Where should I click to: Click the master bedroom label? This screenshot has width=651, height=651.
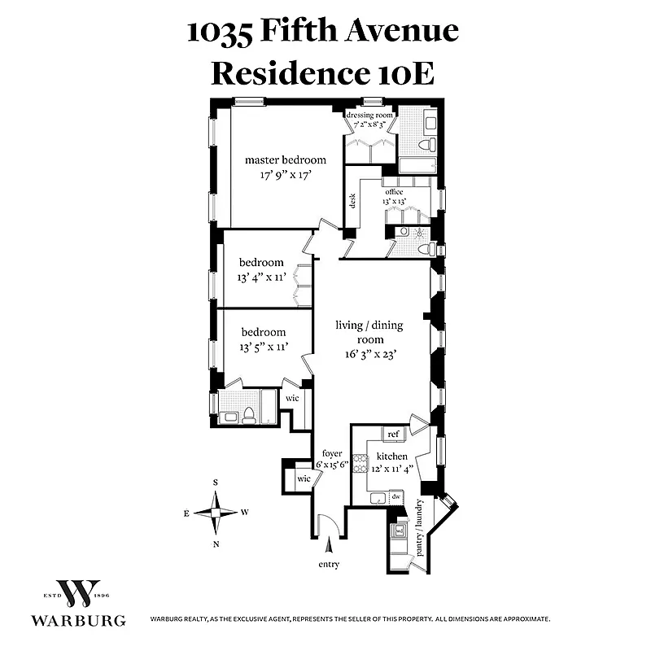click(286, 160)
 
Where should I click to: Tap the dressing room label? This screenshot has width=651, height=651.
click(370, 116)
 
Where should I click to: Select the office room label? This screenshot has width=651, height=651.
click(395, 192)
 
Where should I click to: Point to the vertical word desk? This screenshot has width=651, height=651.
click(352, 200)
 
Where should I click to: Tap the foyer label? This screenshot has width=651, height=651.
click(331, 454)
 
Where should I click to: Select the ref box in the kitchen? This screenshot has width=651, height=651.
click(392, 435)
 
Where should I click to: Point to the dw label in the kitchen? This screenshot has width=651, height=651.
click(395, 496)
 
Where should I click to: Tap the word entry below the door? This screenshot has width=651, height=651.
click(330, 564)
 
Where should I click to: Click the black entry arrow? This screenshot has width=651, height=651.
click(329, 544)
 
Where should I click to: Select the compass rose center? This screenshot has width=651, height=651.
click(216, 513)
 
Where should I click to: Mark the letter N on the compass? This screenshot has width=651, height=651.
click(216, 544)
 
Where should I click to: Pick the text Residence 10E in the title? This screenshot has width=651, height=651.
click(322, 72)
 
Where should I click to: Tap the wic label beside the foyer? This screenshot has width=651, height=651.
click(303, 478)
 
